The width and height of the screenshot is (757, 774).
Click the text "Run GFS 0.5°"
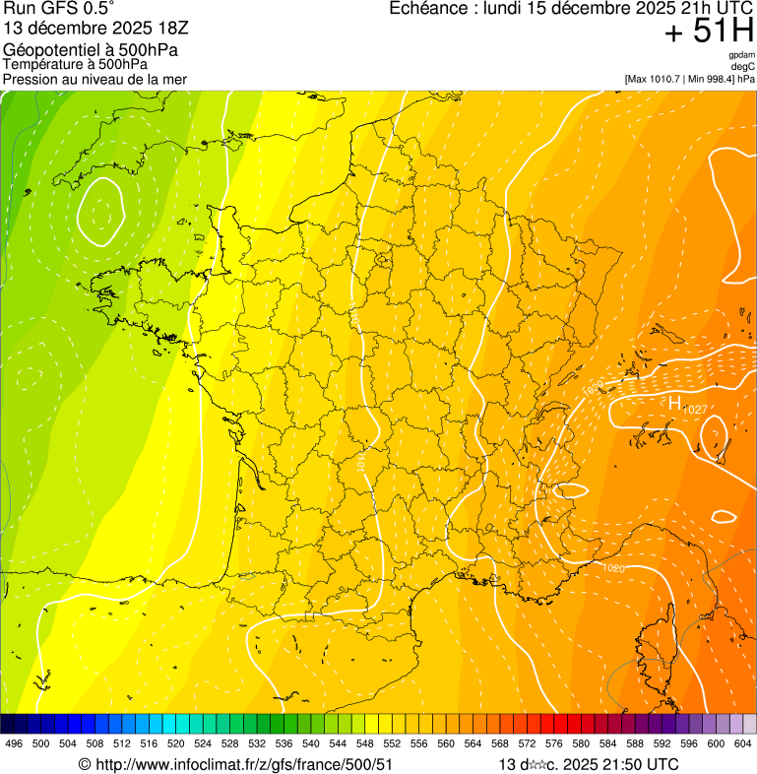click(59, 10)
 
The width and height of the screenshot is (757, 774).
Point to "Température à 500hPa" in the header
click(75, 64)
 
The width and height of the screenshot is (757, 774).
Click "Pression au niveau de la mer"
click(95, 79)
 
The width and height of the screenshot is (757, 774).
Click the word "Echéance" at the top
click(427, 9)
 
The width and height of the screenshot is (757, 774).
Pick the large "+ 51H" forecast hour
click(708, 32)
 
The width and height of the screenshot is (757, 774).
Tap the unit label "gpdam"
click(741, 55)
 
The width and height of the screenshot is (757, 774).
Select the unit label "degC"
click(743, 66)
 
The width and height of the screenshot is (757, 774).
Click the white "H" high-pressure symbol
click(674, 402)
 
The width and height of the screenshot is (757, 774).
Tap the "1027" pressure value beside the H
click(695, 409)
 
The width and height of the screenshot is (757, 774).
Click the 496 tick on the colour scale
click(14, 743)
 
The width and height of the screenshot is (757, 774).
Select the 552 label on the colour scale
click(391, 743)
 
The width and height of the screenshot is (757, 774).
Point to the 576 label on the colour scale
click(553, 743)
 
